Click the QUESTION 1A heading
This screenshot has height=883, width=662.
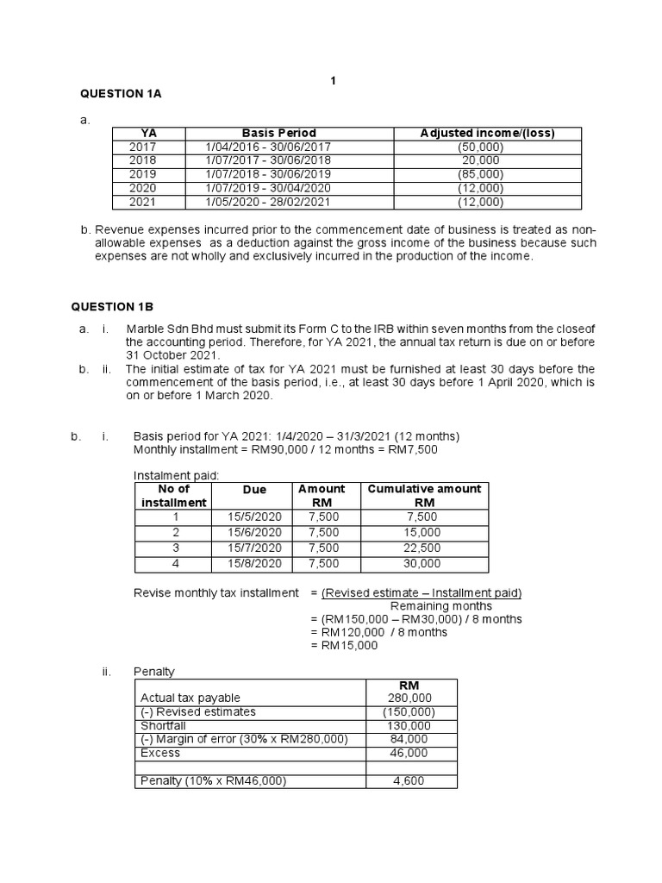tap(121, 94)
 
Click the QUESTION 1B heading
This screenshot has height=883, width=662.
tap(121, 305)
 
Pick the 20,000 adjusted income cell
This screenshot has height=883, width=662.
tap(480, 160)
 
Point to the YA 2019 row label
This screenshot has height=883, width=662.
tap(143, 173)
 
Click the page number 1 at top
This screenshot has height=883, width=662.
tap(332, 81)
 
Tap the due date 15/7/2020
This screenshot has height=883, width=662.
tap(254, 548)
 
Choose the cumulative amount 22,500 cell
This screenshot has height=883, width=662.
tap(424, 548)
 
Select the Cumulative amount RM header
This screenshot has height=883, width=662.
tap(424, 495)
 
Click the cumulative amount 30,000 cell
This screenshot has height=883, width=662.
tap(424, 563)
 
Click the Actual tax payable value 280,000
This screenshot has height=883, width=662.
tap(409, 698)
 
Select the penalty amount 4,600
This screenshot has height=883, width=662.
tap(409, 781)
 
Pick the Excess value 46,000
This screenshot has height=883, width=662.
tap(409, 753)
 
